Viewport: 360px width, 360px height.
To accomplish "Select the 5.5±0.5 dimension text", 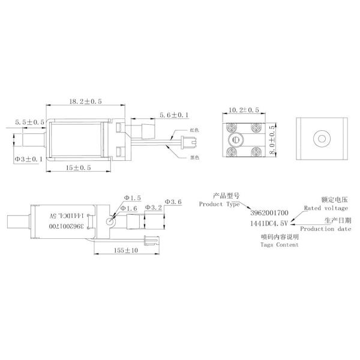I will (x=29, y=122).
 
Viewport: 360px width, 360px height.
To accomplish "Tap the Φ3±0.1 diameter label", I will (x=28, y=159).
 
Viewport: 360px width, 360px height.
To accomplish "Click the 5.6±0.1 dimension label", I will (x=174, y=115).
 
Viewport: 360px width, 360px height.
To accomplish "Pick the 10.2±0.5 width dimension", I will (x=244, y=110).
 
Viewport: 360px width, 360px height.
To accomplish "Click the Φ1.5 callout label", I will (x=132, y=197).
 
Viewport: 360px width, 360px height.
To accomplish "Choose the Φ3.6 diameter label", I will (x=172, y=202).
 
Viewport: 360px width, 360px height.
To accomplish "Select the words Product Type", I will (x=219, y=204).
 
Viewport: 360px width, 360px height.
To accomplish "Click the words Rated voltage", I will (x=325, y=208).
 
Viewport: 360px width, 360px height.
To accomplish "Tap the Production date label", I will (x=325, y=229).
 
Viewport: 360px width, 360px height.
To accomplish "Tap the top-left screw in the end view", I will (x=230, y=128).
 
